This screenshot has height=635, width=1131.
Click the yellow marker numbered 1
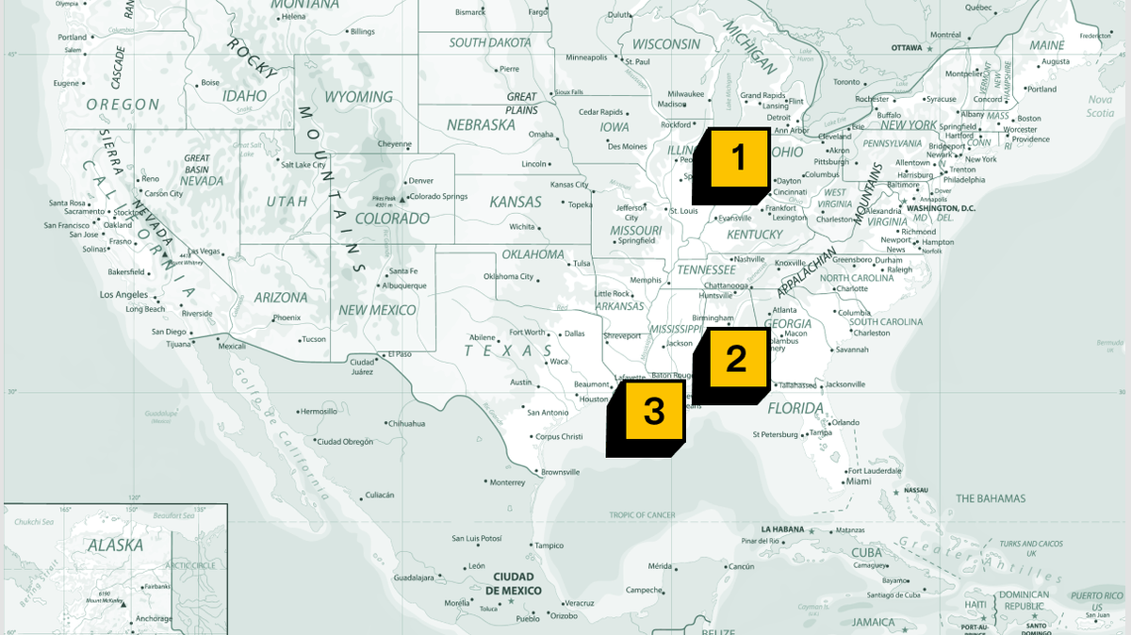click(x=738, y=157)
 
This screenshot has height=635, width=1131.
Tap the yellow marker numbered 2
click(x=735, y=359)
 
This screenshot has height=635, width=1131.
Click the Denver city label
click(x=421, y=180)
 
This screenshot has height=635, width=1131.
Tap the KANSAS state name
click(x=516, y=202)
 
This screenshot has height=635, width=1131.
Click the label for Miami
click(x=859, y=481)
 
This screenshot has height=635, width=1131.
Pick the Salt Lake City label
click(x=303, y=165)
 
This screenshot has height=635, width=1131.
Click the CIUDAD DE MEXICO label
click(x=514, y=583)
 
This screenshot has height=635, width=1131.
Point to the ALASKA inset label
click(x=115, y=545)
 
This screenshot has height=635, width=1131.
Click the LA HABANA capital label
click(x=782, y=529)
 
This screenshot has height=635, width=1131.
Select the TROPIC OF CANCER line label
click(x=642, y=515)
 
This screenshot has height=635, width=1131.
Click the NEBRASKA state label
click(x=481, y=124)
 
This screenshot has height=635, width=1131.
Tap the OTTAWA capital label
click(x=906, y=47)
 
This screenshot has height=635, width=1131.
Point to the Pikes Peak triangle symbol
click(x=402, y=199)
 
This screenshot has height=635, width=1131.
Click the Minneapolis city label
click(x=586, y=57)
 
